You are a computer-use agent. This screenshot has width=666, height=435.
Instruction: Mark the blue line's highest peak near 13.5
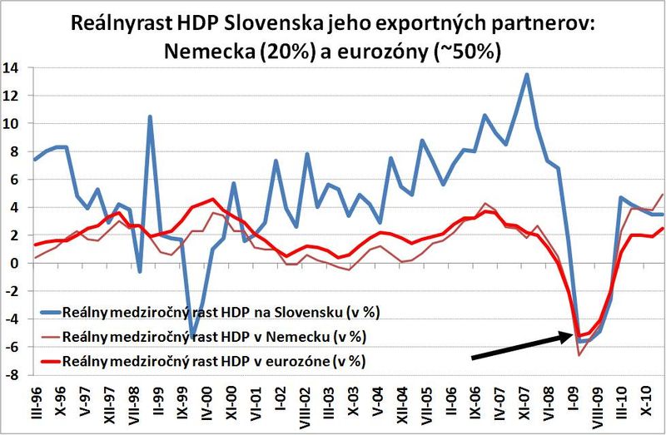click(526, 75)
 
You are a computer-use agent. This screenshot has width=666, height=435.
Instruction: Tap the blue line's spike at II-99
click(150, 116)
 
